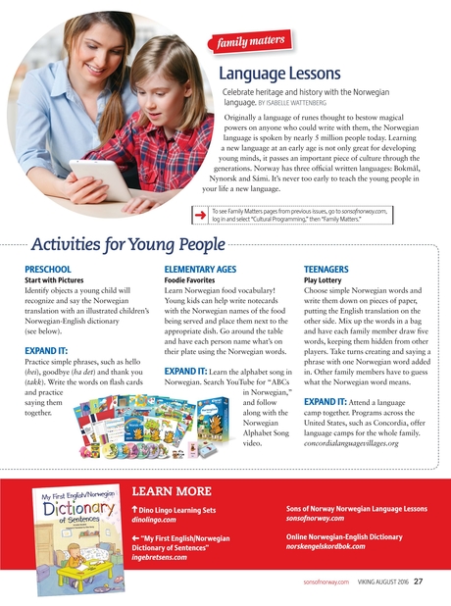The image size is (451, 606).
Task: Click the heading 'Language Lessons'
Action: (x=279, y=74)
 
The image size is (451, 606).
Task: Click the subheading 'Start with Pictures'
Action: (x=58, y=279)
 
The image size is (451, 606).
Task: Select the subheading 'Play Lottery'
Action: (x=326, y=279)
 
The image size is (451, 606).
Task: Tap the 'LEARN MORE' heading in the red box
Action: (x=173, y=490)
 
